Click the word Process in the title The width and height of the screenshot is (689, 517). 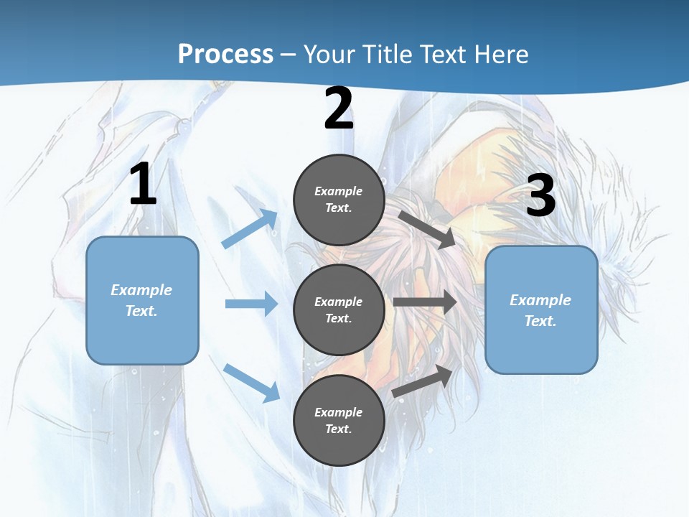coord(225,54)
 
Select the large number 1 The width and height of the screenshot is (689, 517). coord(143,185)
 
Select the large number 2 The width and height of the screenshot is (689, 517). coord(339,109)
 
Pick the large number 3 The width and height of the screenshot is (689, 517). coord(541,196)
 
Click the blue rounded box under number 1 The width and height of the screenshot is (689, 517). coord(142,300)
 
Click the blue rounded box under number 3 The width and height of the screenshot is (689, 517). coord(541,309)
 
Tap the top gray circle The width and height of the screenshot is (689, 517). coord(339,200)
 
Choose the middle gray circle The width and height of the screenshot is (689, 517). coord(339,309)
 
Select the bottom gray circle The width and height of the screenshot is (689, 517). coord(339,420)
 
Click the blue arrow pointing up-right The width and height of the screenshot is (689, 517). coord(250,229)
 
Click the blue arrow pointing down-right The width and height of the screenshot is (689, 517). coord(252,383)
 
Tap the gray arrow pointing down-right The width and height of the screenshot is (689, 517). coord(427,229)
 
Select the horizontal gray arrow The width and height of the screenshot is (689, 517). coord(425,302)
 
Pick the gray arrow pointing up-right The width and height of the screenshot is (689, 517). coord(423,381)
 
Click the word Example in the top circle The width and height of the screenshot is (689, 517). coord(339,191)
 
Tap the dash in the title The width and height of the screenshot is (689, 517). coord(289,55)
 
